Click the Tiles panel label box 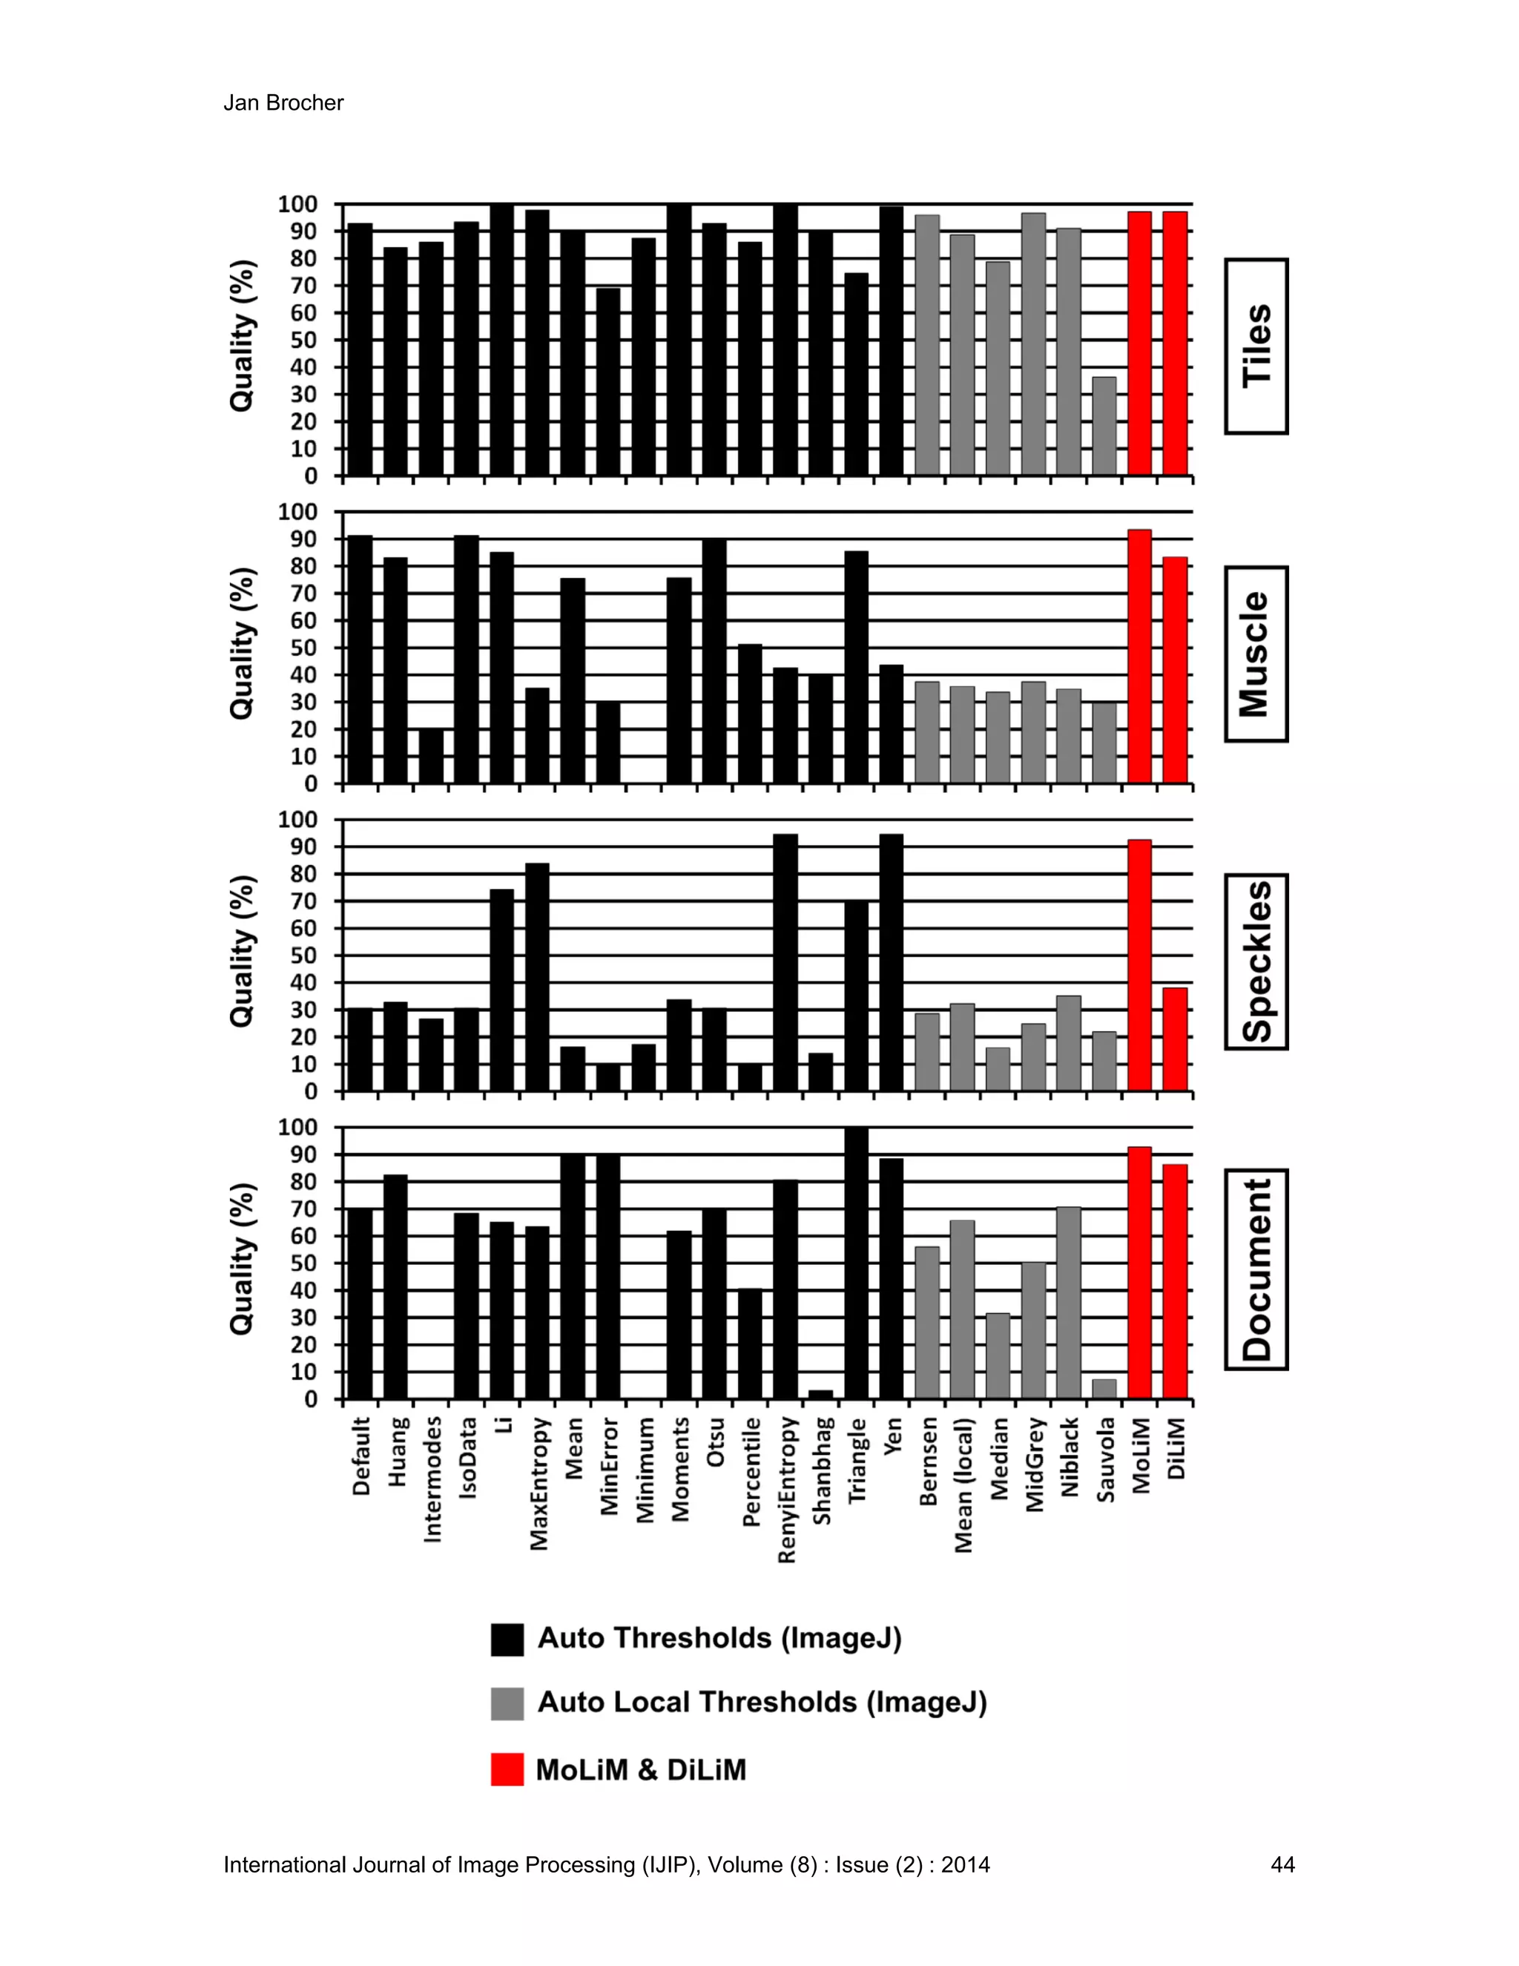point(1256,346)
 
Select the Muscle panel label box point(1256,654)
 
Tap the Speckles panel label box point(1256,961)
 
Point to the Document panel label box point(1256,1269)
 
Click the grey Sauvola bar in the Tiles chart point(1104,426)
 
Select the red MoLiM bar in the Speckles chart point(1139,965)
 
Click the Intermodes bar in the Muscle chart point(431,756)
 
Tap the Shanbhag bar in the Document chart point(821,1395)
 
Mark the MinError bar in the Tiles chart point(608,381)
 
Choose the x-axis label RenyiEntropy point(786,1490)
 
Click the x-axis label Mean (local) point(963,1485)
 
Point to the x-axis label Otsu point(716,1443)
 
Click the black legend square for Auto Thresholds point(507,1640)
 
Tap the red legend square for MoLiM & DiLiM point(507,1769)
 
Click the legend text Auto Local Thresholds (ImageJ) point(761,1702)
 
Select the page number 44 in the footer point(1282,1864)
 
